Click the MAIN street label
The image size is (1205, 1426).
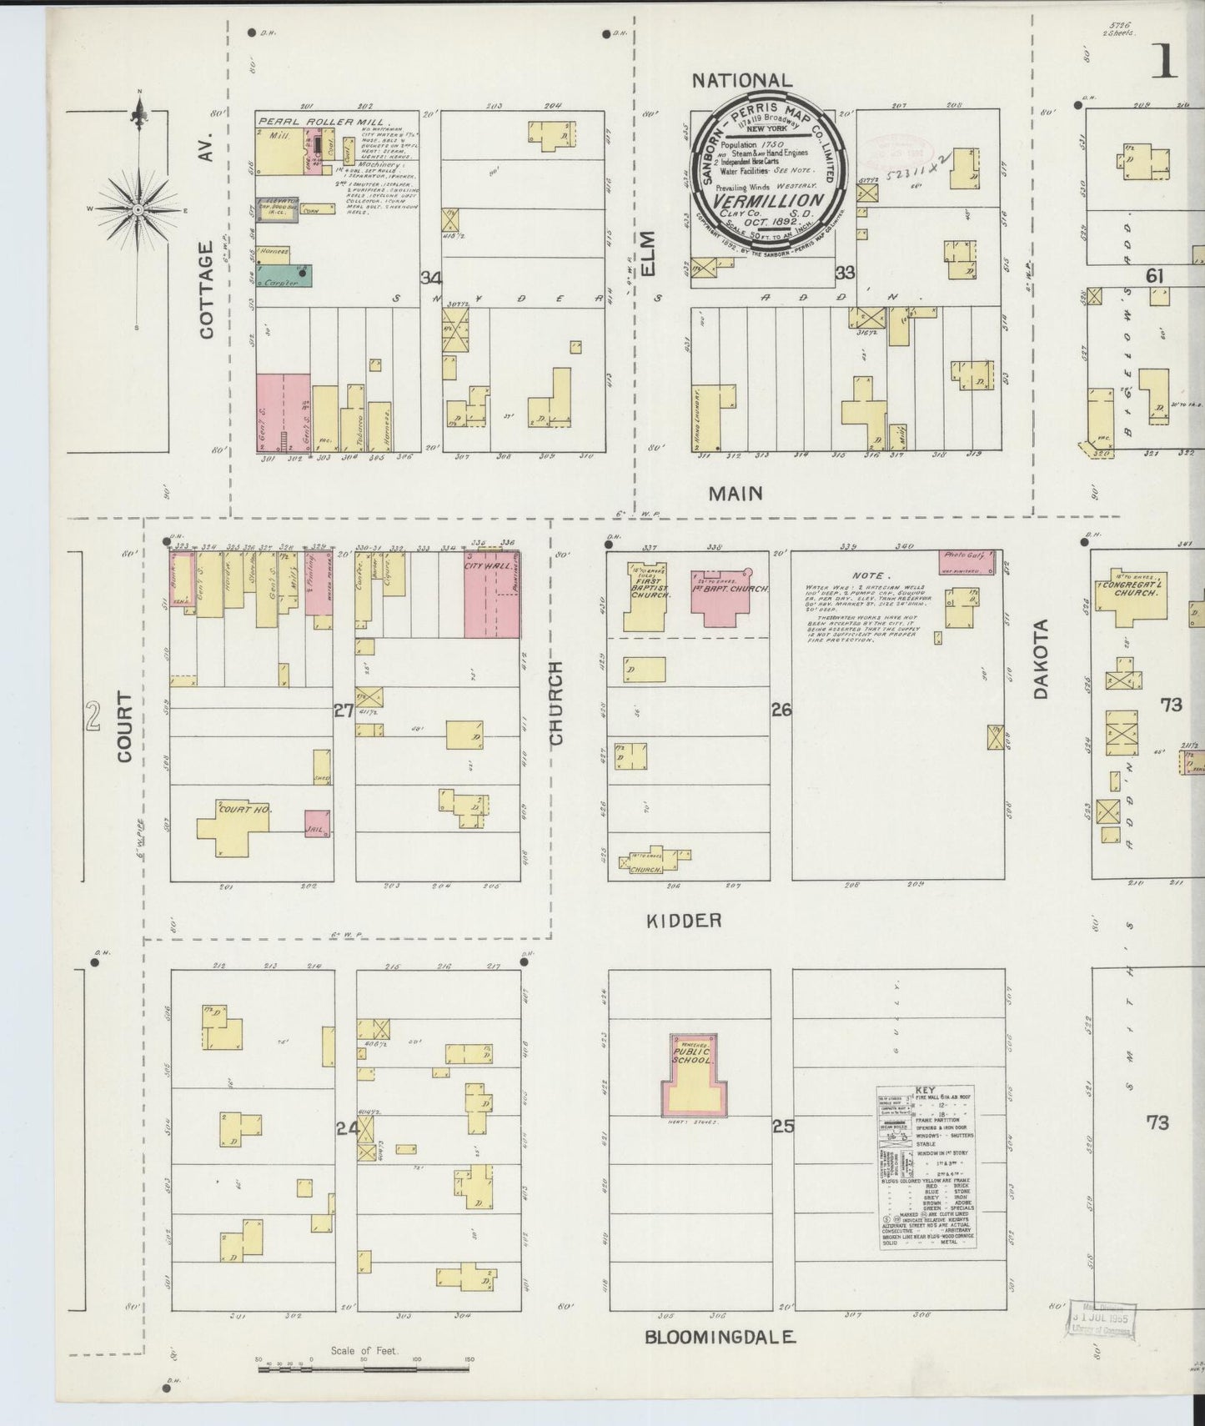click(x=735, y=494)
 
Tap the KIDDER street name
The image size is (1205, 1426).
click(x=683, y=921)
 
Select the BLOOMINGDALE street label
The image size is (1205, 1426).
click(x=720, y=1337)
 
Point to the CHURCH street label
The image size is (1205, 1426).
click(x=556, y=703)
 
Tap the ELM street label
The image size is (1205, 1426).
click(x=650, y=253)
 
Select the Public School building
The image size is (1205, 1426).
click(x=691, y=1081)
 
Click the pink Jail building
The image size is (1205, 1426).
click(x=317, y=823)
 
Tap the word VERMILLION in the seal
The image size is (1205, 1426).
click(x=768, y=201)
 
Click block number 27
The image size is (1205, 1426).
click(x=343, y=710)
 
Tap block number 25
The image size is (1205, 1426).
click(x=782, y=1127)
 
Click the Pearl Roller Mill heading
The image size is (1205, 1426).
click(x=306, y=122)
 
